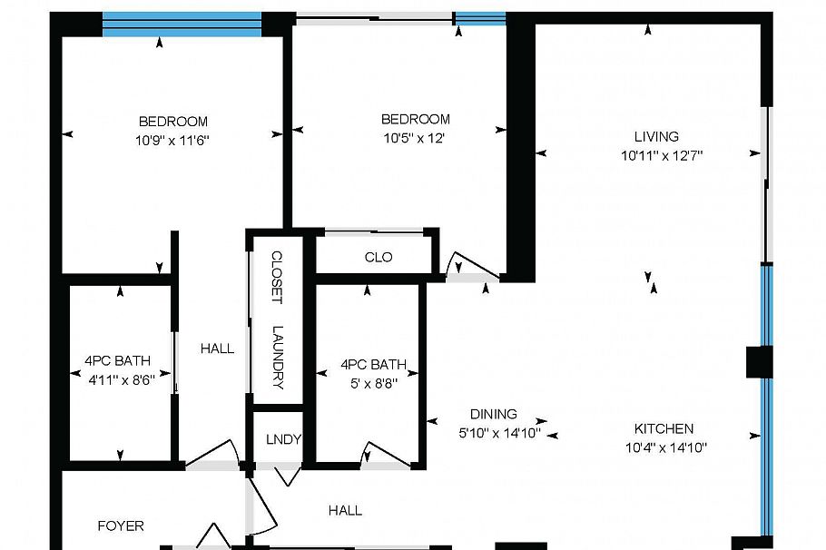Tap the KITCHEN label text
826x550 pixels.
(x=664, y=429)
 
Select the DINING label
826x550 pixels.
(x=493, y=414)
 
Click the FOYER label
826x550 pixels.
(x=120, y=525)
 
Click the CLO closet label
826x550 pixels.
(x=378, y=258)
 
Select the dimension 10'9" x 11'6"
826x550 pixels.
(x=172, y=140)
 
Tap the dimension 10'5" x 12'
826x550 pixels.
(x=415, y=138)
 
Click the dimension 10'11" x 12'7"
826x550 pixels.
(x=662, y=155)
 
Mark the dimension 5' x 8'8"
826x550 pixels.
(x=369, y=383)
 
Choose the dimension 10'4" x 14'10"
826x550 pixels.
(x=665, y=447)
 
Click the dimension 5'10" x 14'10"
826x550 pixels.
(x=499, y=433)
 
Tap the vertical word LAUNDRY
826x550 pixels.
(x=278, y=357)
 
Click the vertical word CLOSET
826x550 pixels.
(x=278, y=278)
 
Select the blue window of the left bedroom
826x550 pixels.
(x=182, y=24)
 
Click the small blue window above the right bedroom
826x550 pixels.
(x=479, y=17)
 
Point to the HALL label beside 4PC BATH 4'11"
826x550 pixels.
(x=217, y=349)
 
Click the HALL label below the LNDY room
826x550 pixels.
(x=345, y=511)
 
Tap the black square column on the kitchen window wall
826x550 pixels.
(x=759, y=362)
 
